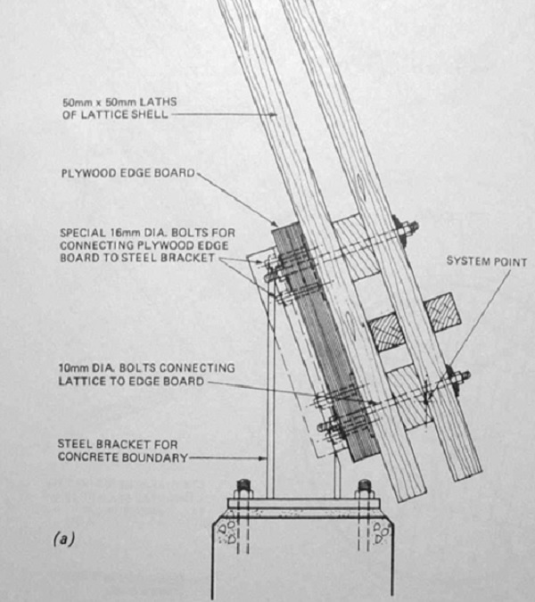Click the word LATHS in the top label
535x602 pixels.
click(158, 103)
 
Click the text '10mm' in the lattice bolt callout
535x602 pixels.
click(73, 368)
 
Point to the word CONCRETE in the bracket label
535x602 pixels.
click(86, 458)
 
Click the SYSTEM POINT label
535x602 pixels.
click(487, 262)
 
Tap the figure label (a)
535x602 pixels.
click(63, 539)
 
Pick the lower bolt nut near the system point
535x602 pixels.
click(457, 380)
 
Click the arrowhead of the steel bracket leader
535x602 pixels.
click(263, 458)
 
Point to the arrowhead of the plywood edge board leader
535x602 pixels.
click(274, 224)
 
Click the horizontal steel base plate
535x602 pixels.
click(304, 503)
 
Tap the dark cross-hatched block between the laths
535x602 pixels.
click(387, 332)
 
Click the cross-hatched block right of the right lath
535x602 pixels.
click(442, 312)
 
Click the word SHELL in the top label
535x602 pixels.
click(149, 115)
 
